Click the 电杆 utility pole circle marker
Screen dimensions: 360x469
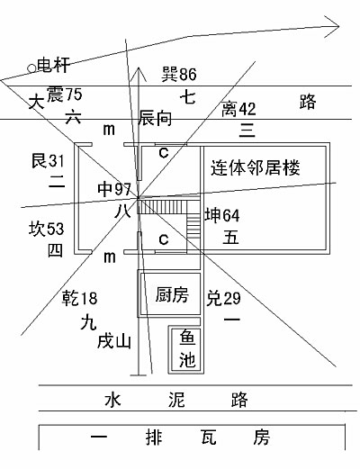(x=31, y=68)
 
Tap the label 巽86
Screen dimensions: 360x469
(x=179, y=74)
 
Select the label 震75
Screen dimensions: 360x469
(x=64, y=95)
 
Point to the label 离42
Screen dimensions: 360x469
(x=238, y=109)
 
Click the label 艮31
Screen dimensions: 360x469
(x=48, y=161)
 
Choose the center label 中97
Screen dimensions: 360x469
(x=114, y=190)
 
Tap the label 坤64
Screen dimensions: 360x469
(x=222, y=215)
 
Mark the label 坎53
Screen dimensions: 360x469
(x=47, y=229)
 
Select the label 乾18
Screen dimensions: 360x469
(x=79, y=298)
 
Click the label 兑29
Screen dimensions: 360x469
(x=223, y=298)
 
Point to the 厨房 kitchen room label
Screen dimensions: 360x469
(x=172, y=294)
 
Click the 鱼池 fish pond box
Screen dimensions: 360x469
(x=186, y=349)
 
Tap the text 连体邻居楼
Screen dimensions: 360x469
(x=256, y=167)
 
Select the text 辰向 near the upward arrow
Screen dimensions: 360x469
(x=155, y=118)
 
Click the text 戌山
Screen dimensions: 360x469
(x=114, y=341)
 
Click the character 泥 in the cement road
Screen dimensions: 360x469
(x=176, y=400)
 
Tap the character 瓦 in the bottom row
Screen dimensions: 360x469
(x=209, y=437)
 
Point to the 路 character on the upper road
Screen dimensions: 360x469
(x=308, y=102)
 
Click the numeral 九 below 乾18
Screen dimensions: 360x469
(x=88, y=323)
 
